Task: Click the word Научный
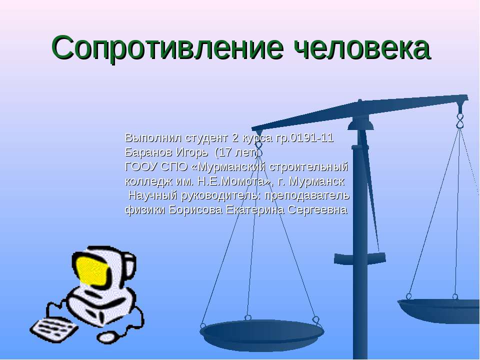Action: point(150,195)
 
